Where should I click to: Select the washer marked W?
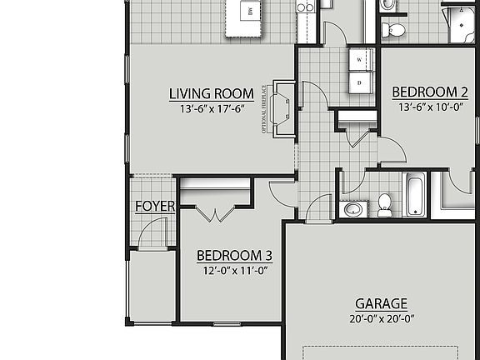click(360, 61)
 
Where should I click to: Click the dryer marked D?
click(360, 83)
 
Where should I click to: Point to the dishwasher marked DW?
click(247, 12)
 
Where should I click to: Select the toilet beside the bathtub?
click(385, 204)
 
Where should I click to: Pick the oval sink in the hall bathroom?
click(353, 207)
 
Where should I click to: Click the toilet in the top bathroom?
click(393, 31)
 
